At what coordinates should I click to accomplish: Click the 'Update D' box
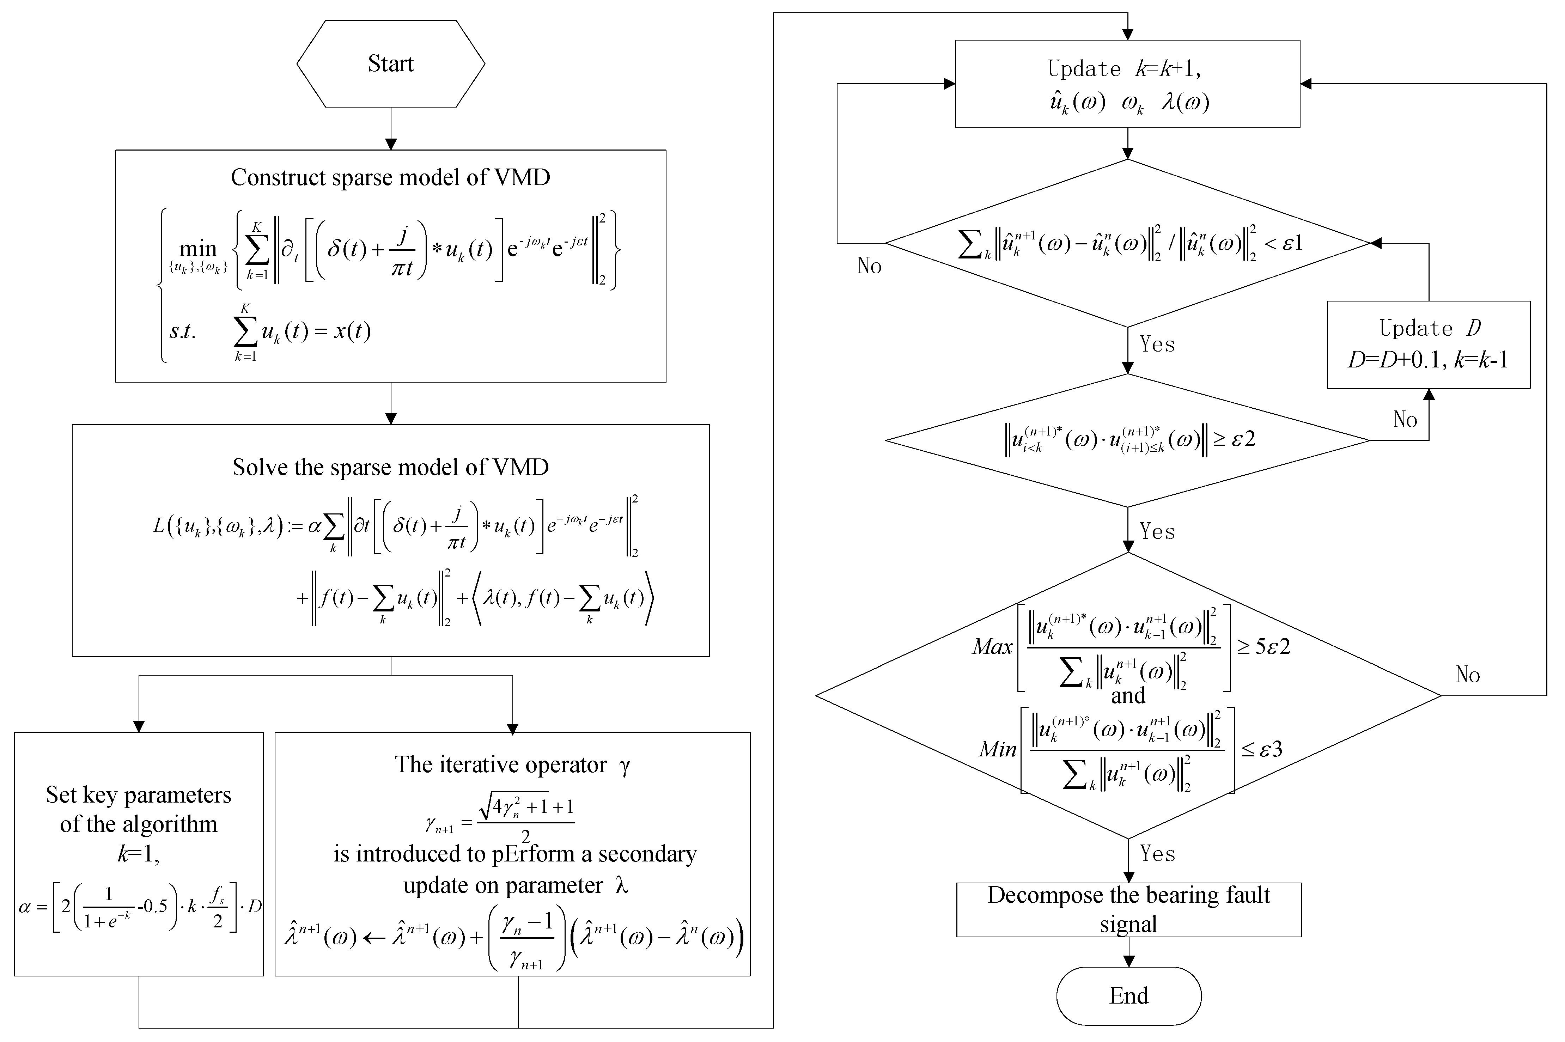pyautogui.click(x=1428, y=344)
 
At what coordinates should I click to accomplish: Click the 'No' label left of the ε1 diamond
pyautogui.click(x=869, y=266)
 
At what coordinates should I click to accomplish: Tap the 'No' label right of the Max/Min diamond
pyautogui.click(x=1467, y=675)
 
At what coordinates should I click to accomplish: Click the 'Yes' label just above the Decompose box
pyautogui.click(x=1157, y=853)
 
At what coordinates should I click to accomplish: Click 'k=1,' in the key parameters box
pyautogui.click(x=138, y=853)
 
